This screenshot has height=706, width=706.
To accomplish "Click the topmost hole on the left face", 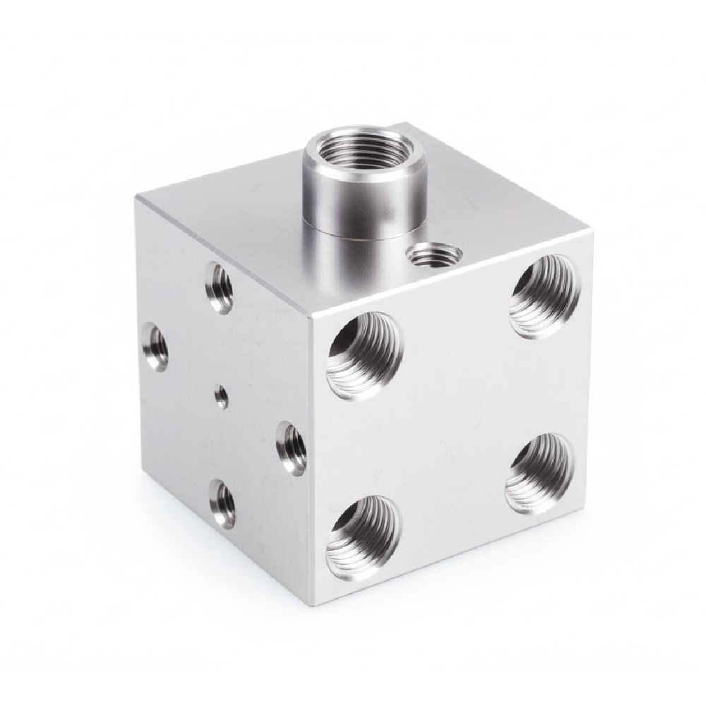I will (220, 285).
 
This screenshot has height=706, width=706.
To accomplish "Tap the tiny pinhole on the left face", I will (221, 397).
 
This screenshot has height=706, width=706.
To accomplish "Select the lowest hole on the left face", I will (222, 502).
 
